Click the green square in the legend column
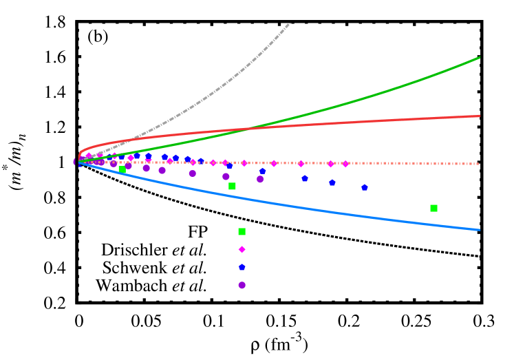(x=242, y=231)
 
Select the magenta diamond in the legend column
(x=242, y=249)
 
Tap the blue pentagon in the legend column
(x=242, y=267)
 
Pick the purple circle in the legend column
(x=242, y=285)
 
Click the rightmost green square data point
(x=433, y=208)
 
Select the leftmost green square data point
(x=122, y=169)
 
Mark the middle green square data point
(x=232, y=186)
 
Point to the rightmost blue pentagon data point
(x=364, y=187)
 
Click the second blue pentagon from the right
(x=332, y=182)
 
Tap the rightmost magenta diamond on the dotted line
(x=345, y=164)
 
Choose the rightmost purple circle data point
(x=260, y=179)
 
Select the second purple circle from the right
(x=226, y=176)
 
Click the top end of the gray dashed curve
(x=290, y=23)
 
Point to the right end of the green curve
(x=480, y=57)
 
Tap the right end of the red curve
(x=480, y=116)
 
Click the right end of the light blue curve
(x=480, y=229)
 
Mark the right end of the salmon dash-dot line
(x=480, y=164)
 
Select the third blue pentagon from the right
(x=304, y=178)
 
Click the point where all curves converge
(x=78, y=162)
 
